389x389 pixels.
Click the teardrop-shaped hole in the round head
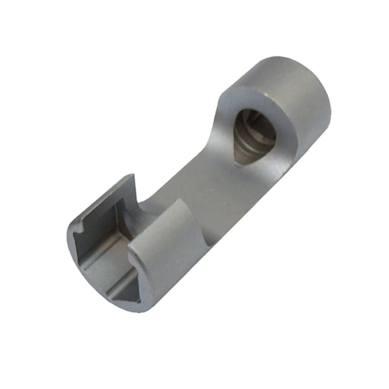252,133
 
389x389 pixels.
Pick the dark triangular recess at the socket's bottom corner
127,291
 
